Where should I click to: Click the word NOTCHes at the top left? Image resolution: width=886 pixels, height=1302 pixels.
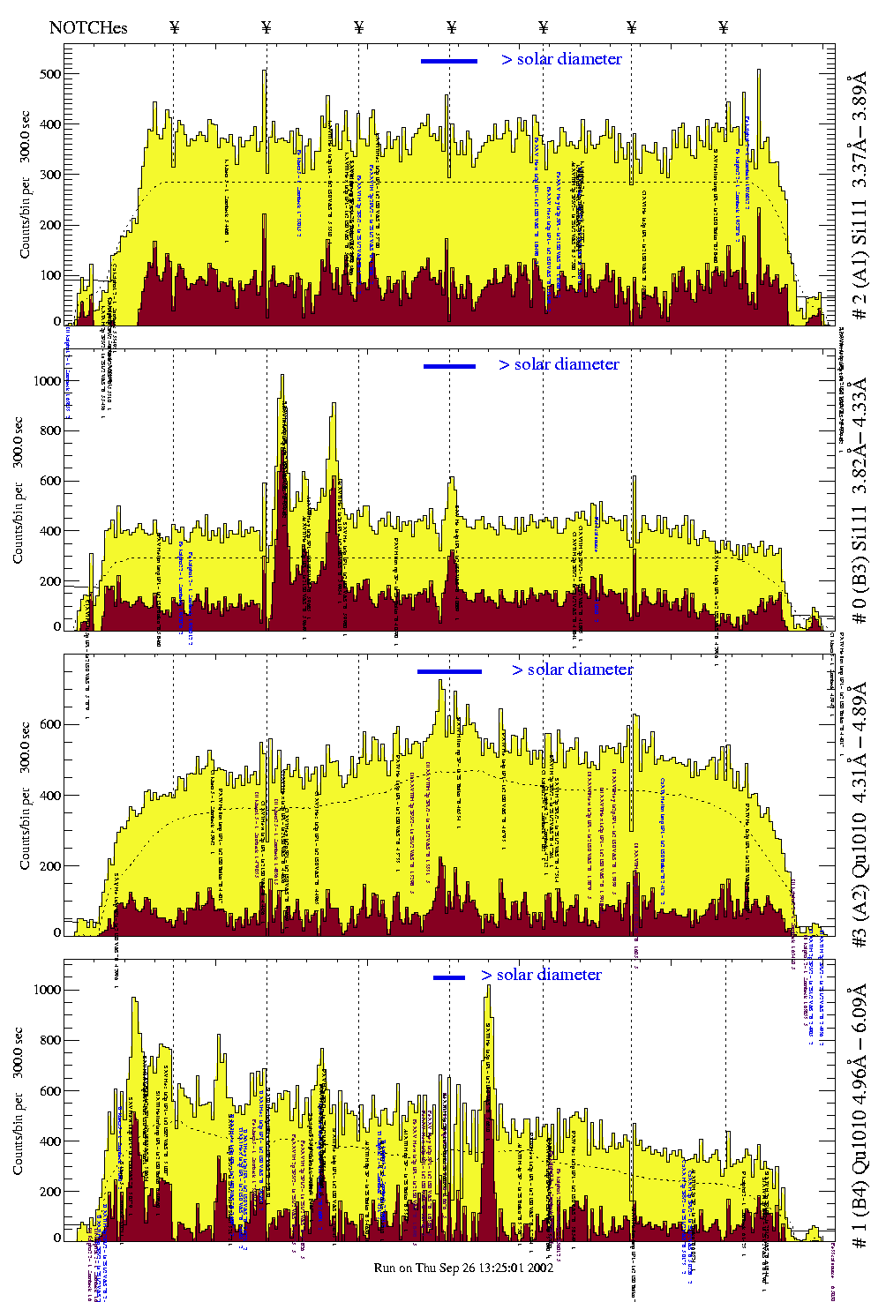(x=88, y=27)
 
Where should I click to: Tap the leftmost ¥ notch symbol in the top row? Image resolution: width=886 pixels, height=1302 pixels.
(x=174, y=27)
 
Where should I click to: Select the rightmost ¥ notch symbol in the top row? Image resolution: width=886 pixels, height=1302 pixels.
(x=724, y=27)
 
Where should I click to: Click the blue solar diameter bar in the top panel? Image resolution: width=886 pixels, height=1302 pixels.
(x=449, y=61)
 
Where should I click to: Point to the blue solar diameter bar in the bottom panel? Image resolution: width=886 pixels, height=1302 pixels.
(x=449, y=977)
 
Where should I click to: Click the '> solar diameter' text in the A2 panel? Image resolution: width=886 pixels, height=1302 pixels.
(x=572, y=670)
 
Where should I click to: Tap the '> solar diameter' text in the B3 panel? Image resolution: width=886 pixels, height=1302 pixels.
(x=559, y=364)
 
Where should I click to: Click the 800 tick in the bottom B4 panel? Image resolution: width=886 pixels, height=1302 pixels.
(x=49, y=1040)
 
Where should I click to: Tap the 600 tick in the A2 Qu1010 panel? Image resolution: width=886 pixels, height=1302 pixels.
(x=49, y=724)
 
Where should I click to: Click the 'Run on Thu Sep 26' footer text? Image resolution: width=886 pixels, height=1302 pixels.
(x=463, y=1268)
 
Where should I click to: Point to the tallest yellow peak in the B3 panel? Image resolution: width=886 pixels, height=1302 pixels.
(x=282, y=378)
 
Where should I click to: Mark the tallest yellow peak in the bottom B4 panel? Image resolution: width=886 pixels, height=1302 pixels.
(x=488, y=988)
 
